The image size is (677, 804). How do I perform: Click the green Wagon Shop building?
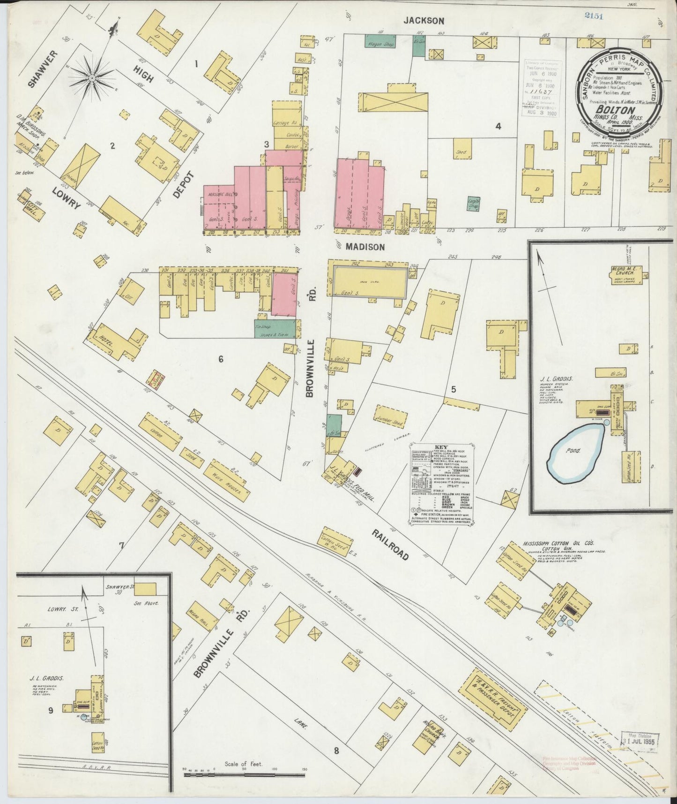coord(380,41)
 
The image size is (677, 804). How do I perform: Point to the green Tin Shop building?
coord(275,330)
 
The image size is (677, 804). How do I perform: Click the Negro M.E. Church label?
coord(629,271)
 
